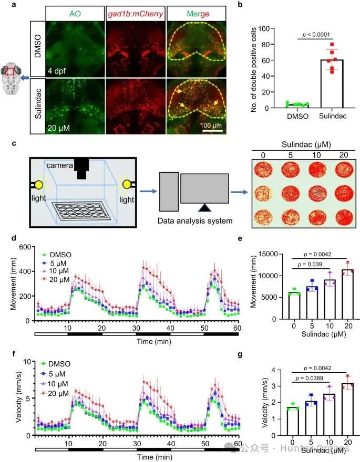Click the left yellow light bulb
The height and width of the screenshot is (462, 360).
39,185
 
